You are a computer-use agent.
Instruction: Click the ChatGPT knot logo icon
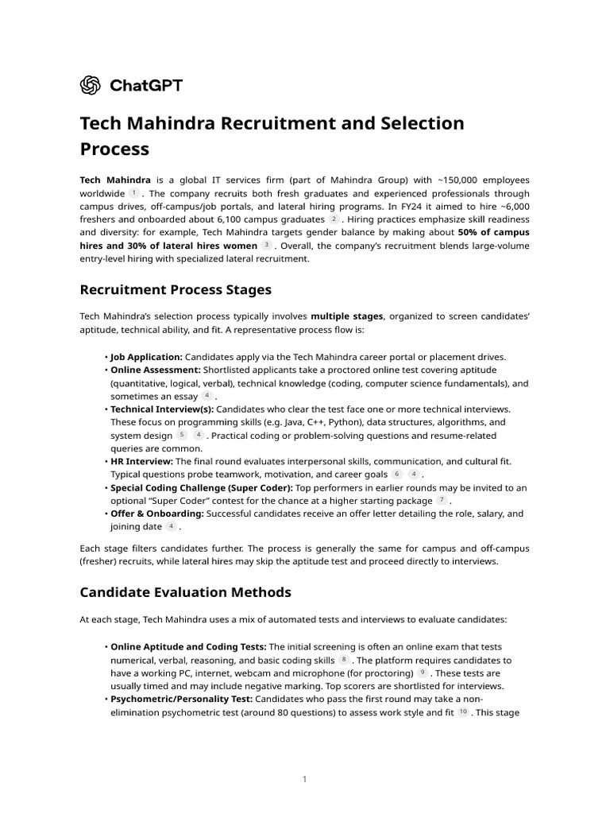click(x=91, y=85)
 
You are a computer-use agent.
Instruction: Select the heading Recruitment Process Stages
click(x=176, y=289)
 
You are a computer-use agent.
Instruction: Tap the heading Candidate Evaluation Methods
click(x=185, y=592)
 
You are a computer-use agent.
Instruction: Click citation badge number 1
click(x=133, y=193)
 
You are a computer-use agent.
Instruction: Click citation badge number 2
click(x=334, y=219)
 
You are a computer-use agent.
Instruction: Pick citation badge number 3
click(x=266, y=246)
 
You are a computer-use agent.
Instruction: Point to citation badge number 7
click(x=442, y=501)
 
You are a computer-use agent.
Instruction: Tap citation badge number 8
click(x=343, y=660)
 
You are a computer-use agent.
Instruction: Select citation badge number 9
click(x=422, y=673)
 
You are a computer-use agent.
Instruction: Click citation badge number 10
click(x=463, y=712)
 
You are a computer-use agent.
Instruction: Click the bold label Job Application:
click(x=146, y=357)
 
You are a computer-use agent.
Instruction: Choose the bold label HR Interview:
click(x=141, y=461)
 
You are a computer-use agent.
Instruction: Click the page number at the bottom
click(x=304, y=780)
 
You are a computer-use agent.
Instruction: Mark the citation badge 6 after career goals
click(x=396, y=475)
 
